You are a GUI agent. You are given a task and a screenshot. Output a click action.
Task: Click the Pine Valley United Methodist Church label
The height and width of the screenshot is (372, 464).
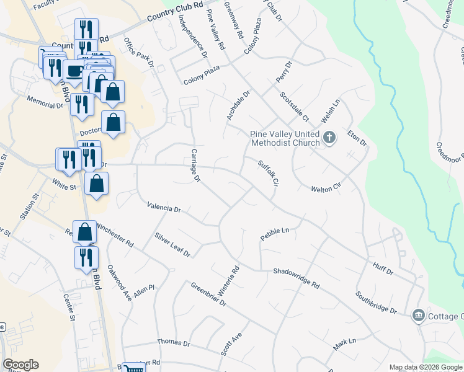pyautogui.click(x=285, y=138)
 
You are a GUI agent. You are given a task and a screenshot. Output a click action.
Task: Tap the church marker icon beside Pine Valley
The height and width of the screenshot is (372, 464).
pyautogui.click(x=329, y=138)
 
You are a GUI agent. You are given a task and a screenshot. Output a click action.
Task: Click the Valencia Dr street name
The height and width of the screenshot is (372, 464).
pyautogui.click(x=164, y=208)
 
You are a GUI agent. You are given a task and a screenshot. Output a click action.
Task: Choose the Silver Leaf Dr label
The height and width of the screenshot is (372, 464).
pyautogui.click(x=172, y=245)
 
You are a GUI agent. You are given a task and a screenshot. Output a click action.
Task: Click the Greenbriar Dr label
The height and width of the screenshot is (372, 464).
pyautogui.click(x=208, y=294)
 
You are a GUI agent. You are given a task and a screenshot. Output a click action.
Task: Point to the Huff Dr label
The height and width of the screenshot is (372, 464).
pyautogui.click(x=383, y=268)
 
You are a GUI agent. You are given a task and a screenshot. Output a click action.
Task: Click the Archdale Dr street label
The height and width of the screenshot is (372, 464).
pyautogui.click(x=238, y=106)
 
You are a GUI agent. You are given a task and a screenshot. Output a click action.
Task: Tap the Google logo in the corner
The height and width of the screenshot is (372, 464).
pyautogui.click(x=20, y=365)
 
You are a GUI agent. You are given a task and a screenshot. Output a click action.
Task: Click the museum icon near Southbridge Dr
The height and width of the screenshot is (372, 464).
pyautogui.click(x=419, y=316)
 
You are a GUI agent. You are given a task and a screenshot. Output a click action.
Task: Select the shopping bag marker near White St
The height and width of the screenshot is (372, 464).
pyautogui.click(x=97, y=184)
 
